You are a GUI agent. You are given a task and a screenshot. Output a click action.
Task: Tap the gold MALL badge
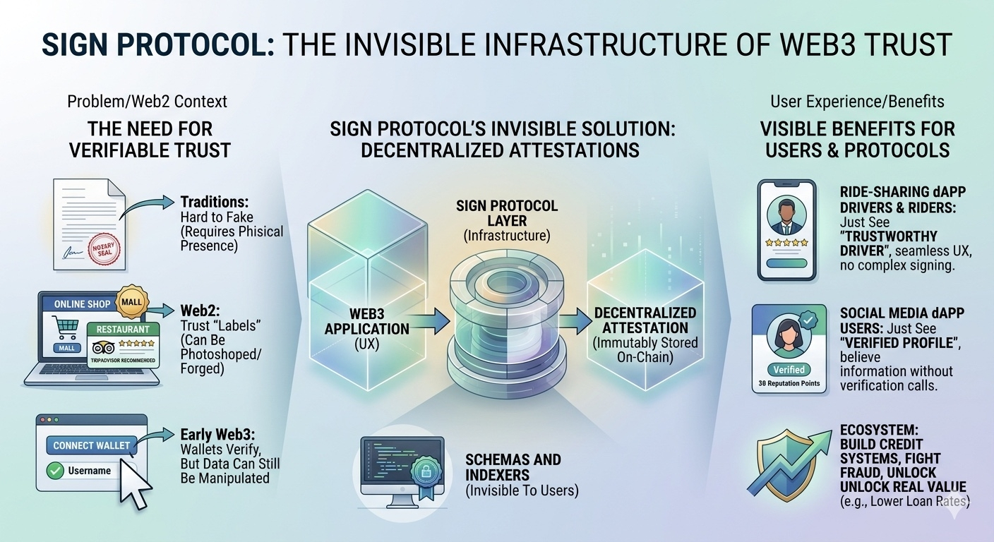(131, 302)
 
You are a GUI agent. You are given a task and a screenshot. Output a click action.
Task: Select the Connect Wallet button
(92, 445)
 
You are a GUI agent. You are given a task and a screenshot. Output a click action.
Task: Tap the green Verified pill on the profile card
(789, 369)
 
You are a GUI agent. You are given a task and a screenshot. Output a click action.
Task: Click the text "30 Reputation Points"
(789, 385)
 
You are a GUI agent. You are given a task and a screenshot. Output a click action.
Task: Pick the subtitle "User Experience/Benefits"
(857, 102)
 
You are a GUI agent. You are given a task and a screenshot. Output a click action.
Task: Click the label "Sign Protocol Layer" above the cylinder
(507, 213)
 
